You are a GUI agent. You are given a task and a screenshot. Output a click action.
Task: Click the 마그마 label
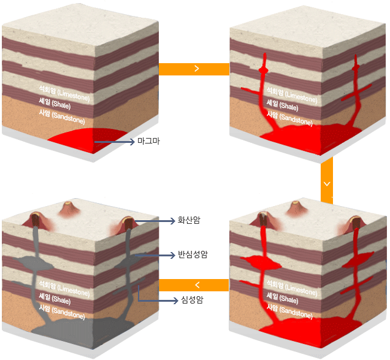[148, 141]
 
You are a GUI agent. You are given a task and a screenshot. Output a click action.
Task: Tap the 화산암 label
[189, 220]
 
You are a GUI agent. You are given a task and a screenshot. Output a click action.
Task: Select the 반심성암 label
[193, 255]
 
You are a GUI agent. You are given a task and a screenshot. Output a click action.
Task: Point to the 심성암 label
[192, 299]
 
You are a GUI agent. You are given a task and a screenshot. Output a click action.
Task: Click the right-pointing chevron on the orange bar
[197, 69]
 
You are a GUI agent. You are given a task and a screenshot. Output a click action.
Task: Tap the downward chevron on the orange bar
[327, 184]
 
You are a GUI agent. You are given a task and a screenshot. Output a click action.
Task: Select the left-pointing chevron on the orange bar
[197, 285]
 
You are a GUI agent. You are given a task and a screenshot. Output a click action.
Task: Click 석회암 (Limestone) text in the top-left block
[64, 93]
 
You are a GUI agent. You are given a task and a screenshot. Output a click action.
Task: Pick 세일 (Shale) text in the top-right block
[282, 105]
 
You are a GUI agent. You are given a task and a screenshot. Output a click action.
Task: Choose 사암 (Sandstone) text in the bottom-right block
[289, 312]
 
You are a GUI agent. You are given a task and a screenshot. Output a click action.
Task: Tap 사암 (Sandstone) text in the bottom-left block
[62, 312]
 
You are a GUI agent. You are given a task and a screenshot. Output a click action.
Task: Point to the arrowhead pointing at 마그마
[132, 142]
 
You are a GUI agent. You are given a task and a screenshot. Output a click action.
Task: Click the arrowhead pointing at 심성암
[175, 301]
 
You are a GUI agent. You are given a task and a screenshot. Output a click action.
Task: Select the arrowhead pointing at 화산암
[172, 221]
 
